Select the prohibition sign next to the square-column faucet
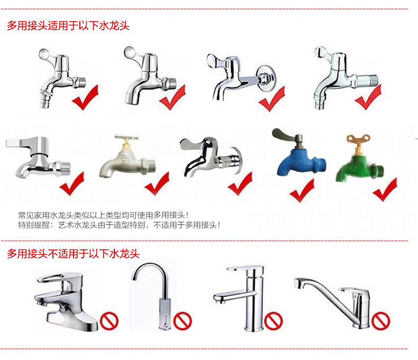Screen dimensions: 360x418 [274, 320]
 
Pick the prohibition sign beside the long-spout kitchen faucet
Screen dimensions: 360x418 [380, 320]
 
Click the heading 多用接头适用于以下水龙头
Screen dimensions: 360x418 [68, 25]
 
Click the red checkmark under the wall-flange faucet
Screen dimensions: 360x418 [271, 99]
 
